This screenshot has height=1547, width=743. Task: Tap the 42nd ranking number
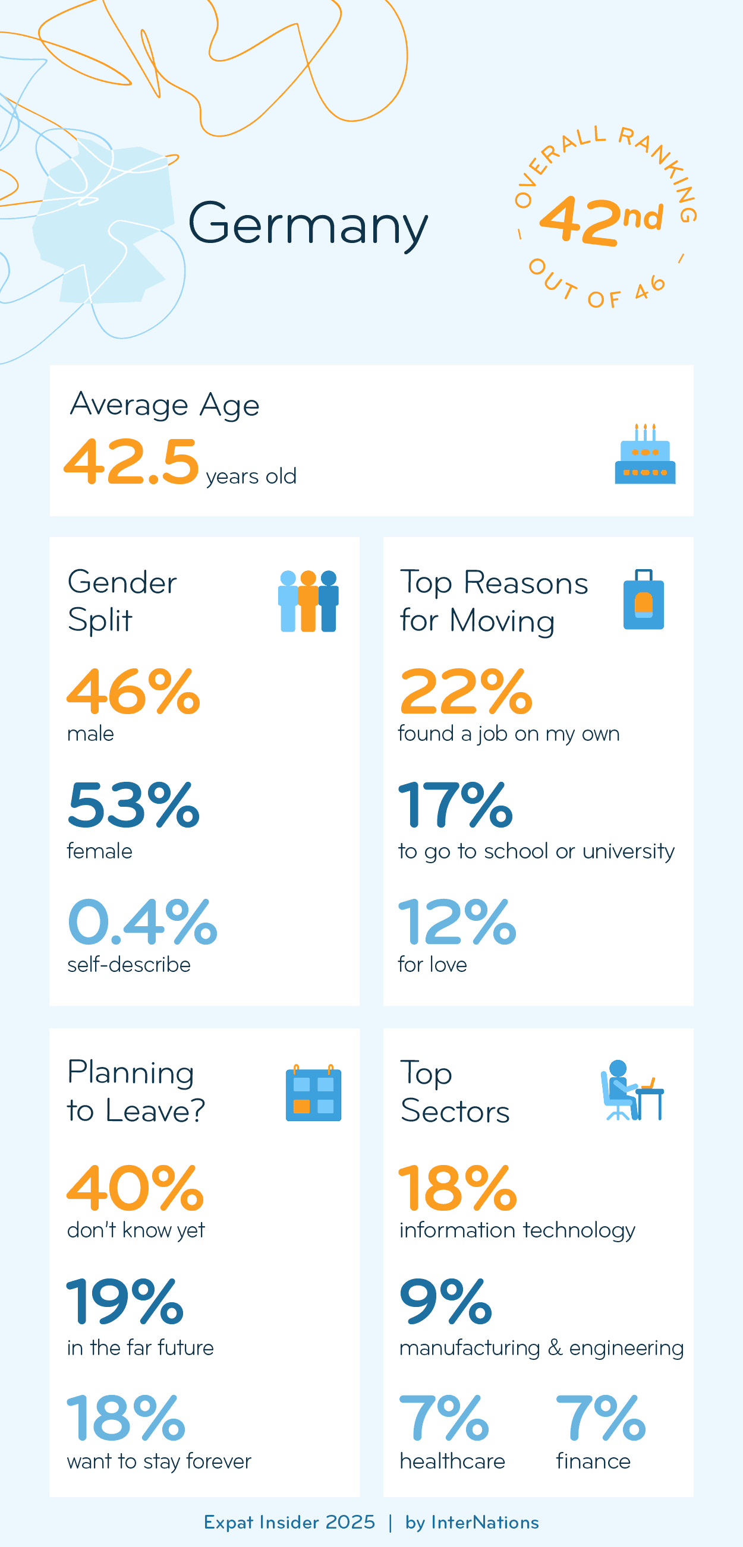click(601, 220)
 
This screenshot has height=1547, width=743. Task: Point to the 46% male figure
click(133, 692)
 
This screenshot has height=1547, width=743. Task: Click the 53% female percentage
click(133, 806)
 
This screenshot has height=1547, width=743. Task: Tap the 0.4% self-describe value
click(142, 922)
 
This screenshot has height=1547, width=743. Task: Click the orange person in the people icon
click(308, 601)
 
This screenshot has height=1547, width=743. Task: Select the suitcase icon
click(643, 600)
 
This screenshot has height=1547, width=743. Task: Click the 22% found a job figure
click(466, 692)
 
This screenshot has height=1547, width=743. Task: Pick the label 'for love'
click(432, 964)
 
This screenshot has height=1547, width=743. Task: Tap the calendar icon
click(313, 1093)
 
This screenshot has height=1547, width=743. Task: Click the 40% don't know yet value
click(136, 1188)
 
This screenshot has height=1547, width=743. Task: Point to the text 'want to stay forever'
click(159, 1461)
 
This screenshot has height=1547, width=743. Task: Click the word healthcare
click(452, 1461)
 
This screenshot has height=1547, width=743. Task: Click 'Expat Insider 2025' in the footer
click(289, 1523)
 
